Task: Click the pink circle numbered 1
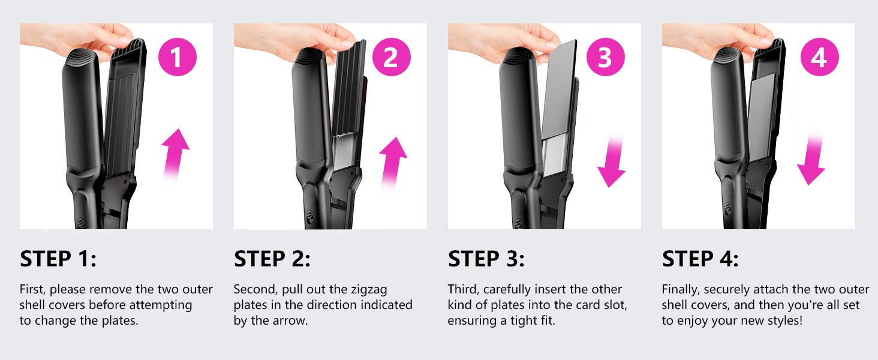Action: point(177,58)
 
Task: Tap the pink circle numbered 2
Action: point(391,58)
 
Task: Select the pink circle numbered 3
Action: point(605,58)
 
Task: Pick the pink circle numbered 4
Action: point(819,58)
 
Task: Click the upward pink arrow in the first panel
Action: point(176,153)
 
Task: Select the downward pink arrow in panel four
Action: point(811,159)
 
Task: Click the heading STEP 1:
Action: point(58,259)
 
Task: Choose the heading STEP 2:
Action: point(272,259)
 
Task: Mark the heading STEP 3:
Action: point(486,259)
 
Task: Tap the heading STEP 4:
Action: point(700,259)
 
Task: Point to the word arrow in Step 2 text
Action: point(294,320)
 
